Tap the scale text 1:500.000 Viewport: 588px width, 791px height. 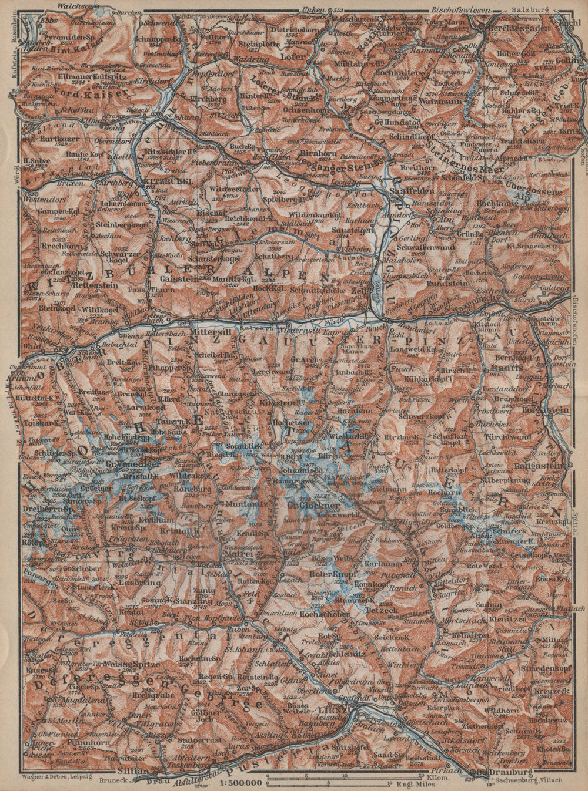[x=241, y=783]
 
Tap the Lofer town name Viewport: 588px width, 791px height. [x=298, y=57]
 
